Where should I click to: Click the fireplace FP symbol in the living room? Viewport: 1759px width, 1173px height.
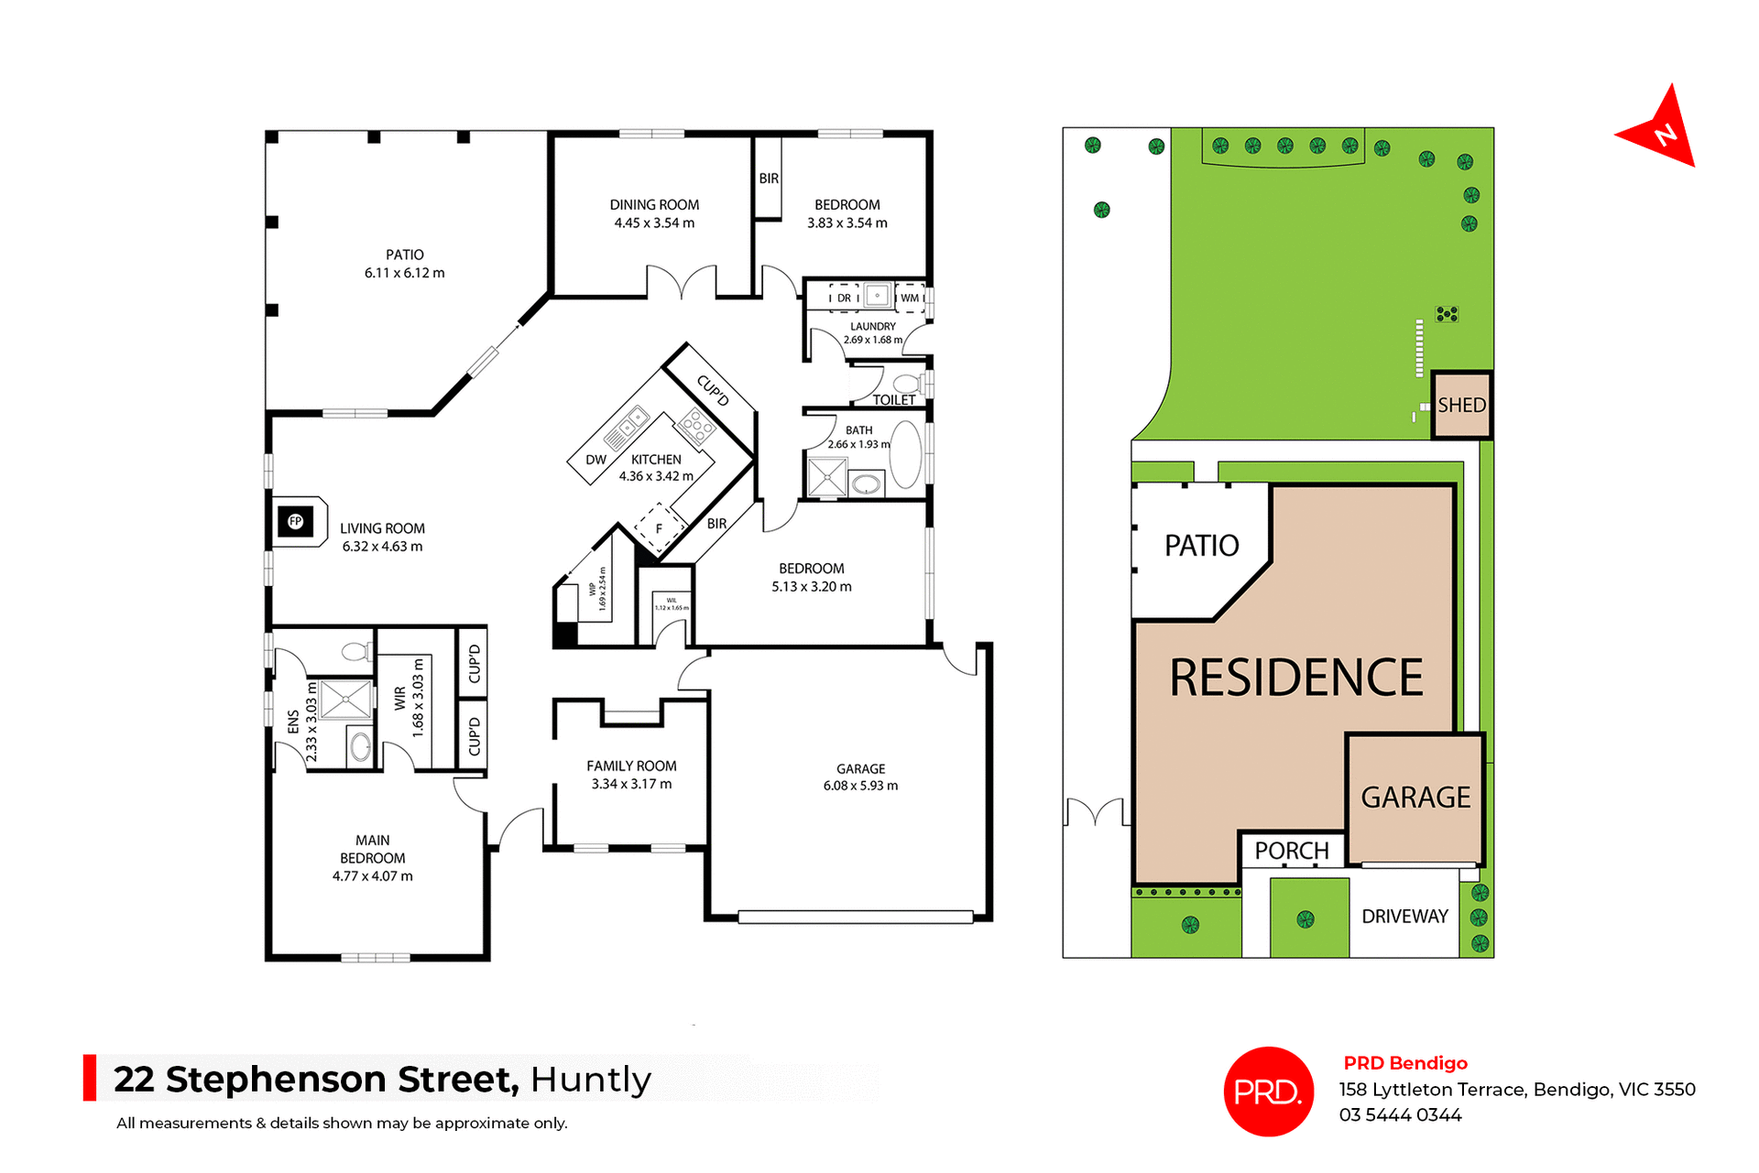pos(295,522)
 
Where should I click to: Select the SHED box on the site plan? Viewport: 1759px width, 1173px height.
pos(1461,405)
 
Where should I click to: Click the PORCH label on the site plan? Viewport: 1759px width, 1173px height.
pos(1291,851)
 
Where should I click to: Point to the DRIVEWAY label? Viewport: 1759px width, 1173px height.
pos(1404,917)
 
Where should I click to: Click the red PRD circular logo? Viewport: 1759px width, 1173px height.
pos(1268,1092)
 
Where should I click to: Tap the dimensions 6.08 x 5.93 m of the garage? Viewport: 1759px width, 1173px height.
pos(860,786)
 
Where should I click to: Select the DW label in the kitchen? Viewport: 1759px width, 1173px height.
pos(595,460)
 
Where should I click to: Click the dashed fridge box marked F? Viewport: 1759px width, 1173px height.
pos(659,528)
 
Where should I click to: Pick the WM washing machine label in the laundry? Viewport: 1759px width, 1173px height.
pos(910,298)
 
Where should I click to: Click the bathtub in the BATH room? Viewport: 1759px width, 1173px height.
pos(905,454)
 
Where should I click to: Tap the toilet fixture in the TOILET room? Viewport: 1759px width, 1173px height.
pos(908,383)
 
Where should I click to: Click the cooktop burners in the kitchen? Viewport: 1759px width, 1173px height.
pos(696,426)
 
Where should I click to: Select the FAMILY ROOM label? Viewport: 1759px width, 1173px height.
pos(631,766)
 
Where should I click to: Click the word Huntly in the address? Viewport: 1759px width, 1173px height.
pos(591,1080)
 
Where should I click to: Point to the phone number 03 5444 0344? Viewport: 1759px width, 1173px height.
pos(1400,1115)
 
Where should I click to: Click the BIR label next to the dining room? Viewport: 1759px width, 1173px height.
pos(769,179)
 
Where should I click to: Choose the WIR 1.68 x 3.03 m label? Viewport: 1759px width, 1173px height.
pos(409,700)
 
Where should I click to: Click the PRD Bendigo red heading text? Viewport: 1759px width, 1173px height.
pos(1404,1063)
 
